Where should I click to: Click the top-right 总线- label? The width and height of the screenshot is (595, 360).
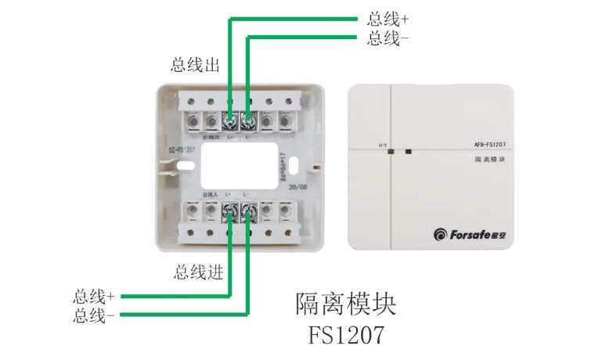[388, 38]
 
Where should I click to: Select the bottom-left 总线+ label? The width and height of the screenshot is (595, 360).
[94, 297]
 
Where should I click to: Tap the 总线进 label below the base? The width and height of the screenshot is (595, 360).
[199, 272]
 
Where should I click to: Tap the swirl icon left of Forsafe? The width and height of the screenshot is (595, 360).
[438, 233]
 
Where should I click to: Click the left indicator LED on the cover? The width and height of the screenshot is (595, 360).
[389, 153]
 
